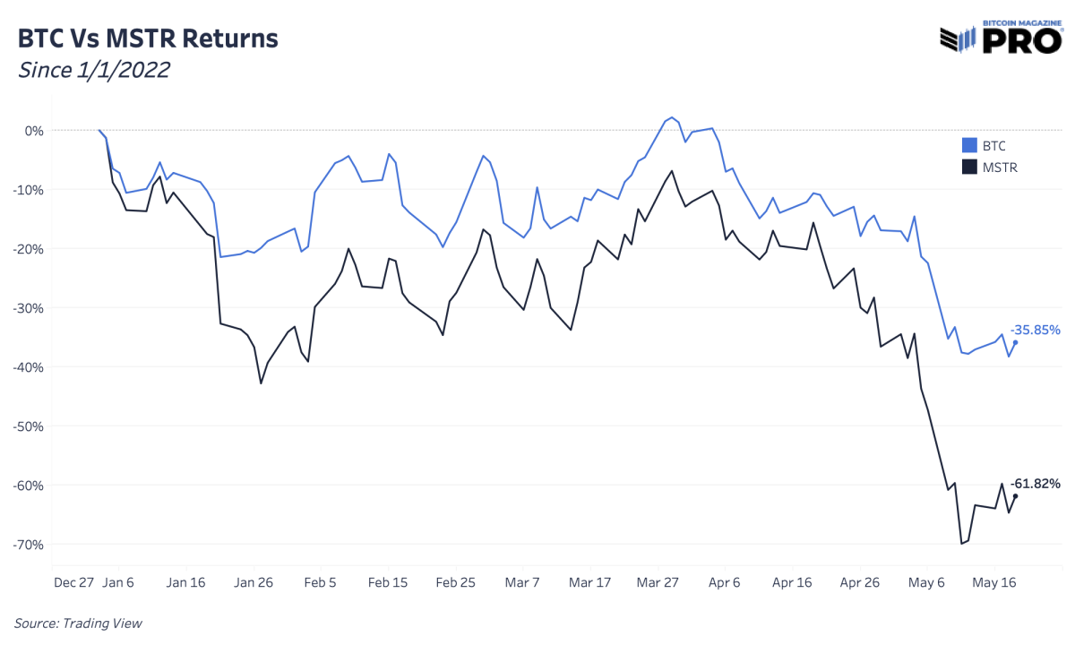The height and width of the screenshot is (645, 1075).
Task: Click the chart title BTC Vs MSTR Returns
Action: (x=148, y=39)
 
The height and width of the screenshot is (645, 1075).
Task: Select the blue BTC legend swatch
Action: (x=968, y=145)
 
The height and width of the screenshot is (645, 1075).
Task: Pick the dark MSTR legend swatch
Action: (x=968, y=167)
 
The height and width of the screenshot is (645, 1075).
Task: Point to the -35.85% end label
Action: (x=1036, y=330)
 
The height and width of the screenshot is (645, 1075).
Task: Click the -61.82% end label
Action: (x=1036, y=484)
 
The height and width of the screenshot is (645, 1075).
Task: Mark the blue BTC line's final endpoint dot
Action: (x=1015, y=342)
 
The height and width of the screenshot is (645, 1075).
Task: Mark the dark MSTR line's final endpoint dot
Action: (x=1015, y=496)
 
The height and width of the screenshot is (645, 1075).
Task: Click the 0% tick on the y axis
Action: (x=34, y=131)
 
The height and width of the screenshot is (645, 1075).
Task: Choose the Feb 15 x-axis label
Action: (x=388, y=582)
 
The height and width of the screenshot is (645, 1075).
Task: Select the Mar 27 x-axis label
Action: (x=658, y=582)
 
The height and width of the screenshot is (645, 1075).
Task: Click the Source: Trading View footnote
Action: (x=78, y=623)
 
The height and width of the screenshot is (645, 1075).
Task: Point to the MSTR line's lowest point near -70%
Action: (x=961, y=544)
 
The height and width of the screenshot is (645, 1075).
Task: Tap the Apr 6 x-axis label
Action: (x=725, y=582)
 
